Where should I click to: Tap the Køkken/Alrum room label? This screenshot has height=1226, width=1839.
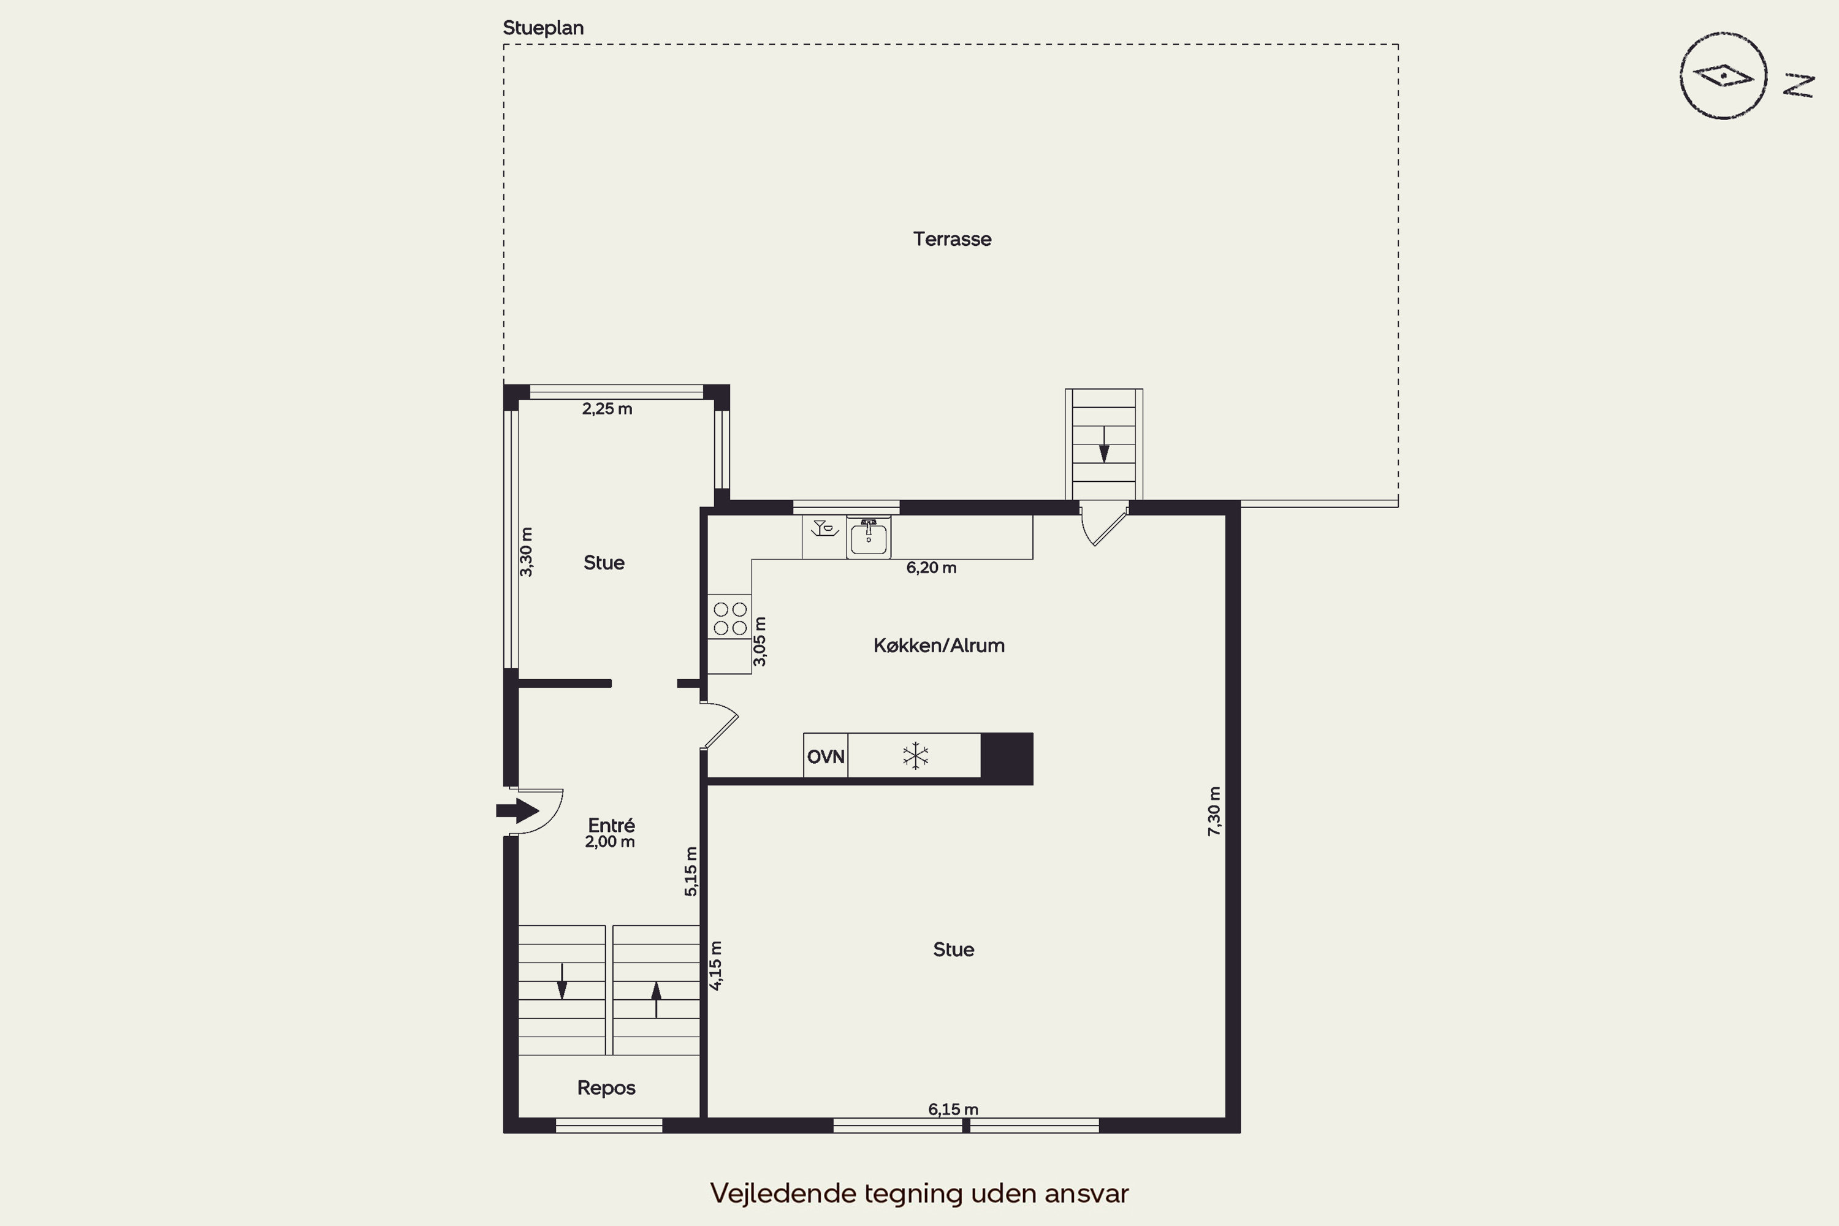pos(939,646)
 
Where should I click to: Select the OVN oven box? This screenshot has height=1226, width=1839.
pos(826,756)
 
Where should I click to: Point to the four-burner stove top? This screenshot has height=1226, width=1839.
pos(730,618)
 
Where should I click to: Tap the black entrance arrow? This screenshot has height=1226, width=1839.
pos(517,811)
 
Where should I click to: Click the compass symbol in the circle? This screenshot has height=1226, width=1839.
pos(1723,76)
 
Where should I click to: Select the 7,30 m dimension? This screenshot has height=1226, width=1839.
pos(1214,812)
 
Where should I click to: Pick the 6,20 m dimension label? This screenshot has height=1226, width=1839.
pos(931,568)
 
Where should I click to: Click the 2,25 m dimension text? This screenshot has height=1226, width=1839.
pos(607,409)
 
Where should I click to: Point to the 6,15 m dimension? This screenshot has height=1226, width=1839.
pos(953,1110)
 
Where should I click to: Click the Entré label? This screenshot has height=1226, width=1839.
pos(611,825)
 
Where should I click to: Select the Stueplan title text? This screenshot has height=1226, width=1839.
pos(543,28)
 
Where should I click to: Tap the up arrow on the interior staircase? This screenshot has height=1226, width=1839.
pos(656,1000)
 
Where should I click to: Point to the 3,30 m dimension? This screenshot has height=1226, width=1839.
pos(526,552)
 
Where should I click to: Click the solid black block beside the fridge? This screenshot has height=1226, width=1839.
pos(1007,758)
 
